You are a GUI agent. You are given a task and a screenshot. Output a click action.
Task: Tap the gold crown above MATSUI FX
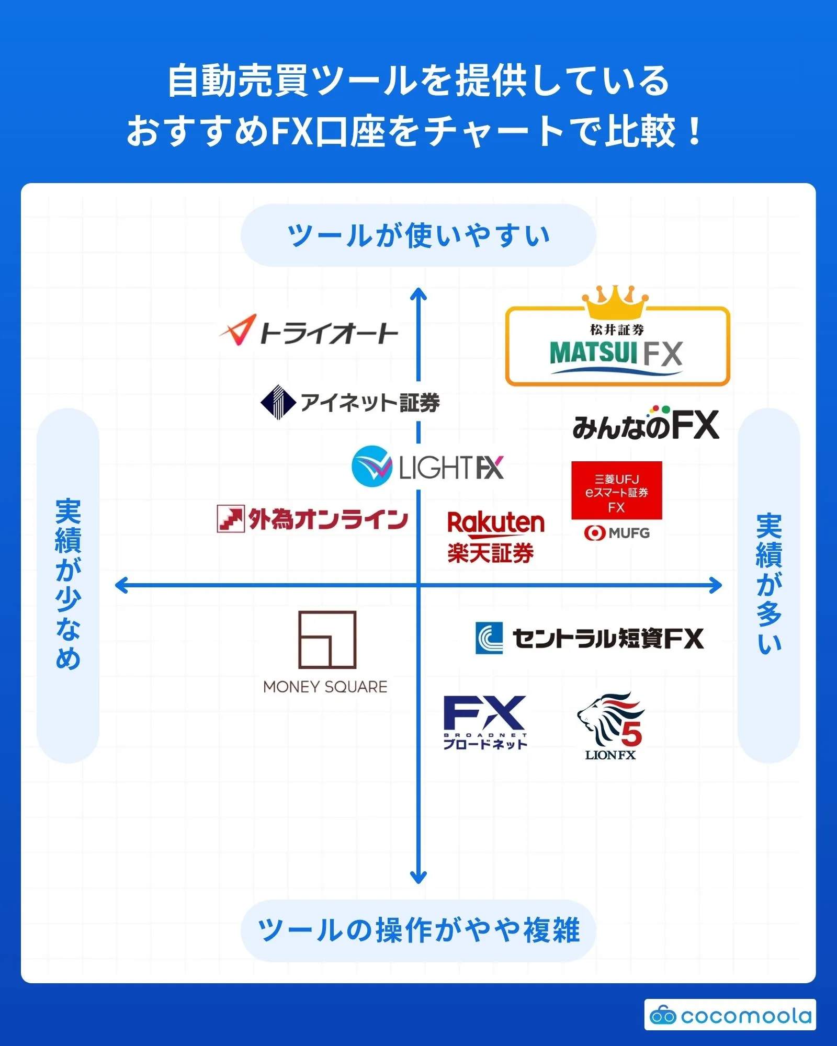point(616,302)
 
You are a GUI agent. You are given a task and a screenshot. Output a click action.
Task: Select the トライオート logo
point(309,331)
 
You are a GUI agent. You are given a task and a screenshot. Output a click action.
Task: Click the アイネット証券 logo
point(350,402)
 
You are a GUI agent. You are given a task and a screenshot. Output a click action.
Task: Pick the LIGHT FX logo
point(428,467)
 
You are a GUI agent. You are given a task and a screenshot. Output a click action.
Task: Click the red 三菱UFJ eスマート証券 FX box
point(616,491)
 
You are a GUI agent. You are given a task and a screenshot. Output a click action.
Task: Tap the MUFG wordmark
point(617,533)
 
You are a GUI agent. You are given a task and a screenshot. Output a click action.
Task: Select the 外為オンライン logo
point(312,519)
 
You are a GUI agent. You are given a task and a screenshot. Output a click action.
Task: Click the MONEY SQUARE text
point(325,687)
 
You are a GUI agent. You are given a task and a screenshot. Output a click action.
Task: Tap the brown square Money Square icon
point(327,640)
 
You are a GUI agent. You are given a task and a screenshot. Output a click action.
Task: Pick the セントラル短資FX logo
point(590,638)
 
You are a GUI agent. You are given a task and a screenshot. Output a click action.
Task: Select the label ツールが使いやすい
point(418,235)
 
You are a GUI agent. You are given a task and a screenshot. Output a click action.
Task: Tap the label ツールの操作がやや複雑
point(418,930)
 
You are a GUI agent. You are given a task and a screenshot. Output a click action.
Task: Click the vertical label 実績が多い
point(768,584)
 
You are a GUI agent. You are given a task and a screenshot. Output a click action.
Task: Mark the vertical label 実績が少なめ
point(68,584)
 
